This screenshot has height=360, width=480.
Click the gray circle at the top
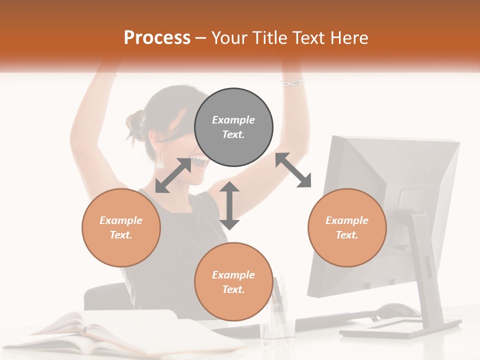(x=233, y=127)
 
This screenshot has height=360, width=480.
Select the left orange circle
(x=121, y=227)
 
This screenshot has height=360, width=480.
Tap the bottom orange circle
(x=233, y=281)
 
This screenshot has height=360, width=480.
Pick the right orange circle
(x=347, y=227)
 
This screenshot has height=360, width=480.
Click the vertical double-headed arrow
(x=229, y=205)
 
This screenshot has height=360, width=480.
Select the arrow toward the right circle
(x=293, y=170)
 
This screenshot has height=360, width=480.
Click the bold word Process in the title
(x=157, y=37)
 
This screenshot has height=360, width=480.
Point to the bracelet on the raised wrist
(x=293, y=82)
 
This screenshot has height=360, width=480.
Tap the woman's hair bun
(x=135, y=125)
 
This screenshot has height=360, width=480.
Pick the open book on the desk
(x=100, y=332)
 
